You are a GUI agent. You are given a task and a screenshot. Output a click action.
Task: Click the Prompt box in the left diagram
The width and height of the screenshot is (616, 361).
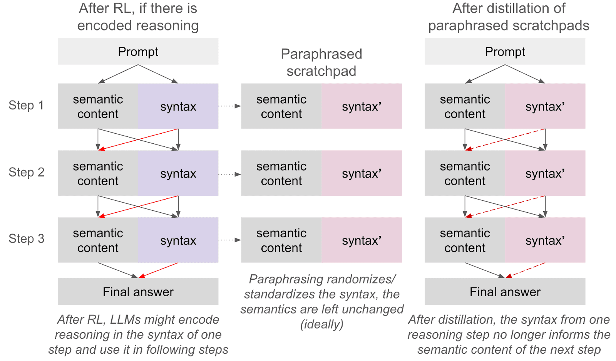(138, 51)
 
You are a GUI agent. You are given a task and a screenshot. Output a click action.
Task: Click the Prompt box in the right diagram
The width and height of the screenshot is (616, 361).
(505, 51)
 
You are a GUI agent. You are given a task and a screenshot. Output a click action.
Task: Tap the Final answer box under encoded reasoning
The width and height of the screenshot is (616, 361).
(138, 292)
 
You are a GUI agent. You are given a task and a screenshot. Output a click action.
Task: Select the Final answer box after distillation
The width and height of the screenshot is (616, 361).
(505, 292)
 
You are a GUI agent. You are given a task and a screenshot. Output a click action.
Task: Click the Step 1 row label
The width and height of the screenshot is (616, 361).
(26, 105)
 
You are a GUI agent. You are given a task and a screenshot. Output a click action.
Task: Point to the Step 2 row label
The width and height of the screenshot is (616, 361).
(26, 172)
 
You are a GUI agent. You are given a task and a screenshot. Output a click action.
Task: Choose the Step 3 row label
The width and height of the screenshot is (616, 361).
(26, 239)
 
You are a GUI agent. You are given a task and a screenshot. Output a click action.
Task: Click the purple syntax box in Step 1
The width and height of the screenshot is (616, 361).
(178, 106)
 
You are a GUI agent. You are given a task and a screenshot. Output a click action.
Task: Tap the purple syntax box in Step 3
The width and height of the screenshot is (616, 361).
(178, 240)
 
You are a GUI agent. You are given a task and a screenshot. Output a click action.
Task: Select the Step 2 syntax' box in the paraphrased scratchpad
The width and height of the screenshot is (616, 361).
(362, 173)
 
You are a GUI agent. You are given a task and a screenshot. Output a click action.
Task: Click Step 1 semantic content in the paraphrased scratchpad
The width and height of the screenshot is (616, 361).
(281, 106)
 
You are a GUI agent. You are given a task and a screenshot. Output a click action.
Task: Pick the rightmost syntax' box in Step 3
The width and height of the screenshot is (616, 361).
(545, 240)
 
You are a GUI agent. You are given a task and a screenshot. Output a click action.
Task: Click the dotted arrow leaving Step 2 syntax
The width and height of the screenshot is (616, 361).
(229, 174)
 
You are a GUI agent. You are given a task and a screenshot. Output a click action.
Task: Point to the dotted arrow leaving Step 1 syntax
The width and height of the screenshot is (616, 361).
(229, 106)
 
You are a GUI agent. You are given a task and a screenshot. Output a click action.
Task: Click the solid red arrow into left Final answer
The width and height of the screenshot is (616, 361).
(159, 270)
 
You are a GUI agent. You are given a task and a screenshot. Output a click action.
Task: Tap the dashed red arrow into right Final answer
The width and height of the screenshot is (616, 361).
(526, 270)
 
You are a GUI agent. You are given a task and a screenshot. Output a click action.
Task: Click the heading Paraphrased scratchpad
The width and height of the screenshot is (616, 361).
(321, 62)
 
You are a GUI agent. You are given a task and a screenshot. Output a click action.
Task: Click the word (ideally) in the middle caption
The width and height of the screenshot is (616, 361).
(322, 324)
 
